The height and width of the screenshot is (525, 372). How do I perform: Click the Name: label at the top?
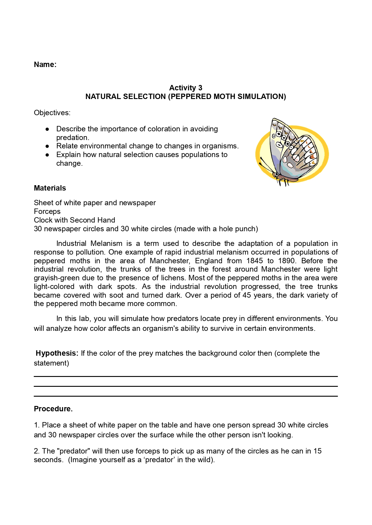(45, 65)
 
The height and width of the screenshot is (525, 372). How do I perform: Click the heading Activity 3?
(185, 88)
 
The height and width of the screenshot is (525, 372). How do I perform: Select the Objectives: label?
(52, 113)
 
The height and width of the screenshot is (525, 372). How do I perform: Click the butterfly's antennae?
(265, 164)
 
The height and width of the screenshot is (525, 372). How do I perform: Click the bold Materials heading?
(50, 188)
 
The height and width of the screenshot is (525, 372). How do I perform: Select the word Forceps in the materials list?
(47, 211)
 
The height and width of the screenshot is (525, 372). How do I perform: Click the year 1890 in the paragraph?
(287, 261)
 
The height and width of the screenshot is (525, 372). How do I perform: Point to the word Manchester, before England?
(170, 261)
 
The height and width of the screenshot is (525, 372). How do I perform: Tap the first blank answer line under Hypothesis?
(186, 376)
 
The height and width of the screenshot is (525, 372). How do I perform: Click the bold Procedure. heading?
(53, 409)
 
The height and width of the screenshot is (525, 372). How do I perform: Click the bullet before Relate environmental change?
(47, 146)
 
